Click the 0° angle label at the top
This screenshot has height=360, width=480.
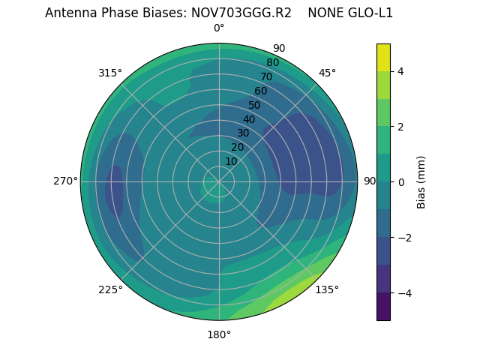coord(219,28)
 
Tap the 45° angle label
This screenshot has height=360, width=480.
coord(327,73)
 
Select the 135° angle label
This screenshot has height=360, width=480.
coord(327,290)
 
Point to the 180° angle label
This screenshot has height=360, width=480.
coord(219,334)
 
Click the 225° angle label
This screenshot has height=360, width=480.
coord(110,290)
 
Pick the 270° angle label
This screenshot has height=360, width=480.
coord(65,181)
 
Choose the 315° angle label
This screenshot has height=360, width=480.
coord(110,73)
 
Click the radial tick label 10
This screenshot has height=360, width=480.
coord(231,162)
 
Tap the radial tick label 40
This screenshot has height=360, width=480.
coord(249,119)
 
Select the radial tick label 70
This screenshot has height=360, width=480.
coord(266,76)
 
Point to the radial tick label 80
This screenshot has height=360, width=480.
coord(272,62)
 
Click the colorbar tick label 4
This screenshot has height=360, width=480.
coord(400,71)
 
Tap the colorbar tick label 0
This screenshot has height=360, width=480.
coord(400,182)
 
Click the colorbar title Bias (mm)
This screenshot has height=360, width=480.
coord(421,181)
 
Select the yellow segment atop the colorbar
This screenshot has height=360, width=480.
coord(383,57)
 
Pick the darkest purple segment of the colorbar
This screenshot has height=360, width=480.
coord(383,307)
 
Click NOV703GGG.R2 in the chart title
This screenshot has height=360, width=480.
coord(242,13)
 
